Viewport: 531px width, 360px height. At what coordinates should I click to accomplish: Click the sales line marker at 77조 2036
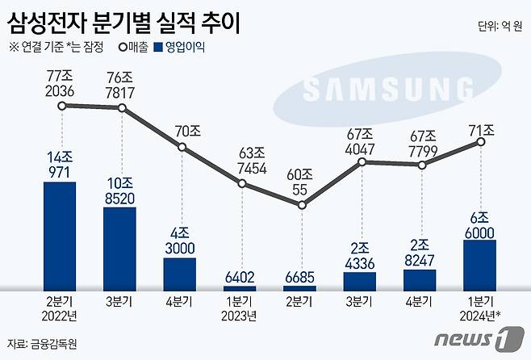[61, 106]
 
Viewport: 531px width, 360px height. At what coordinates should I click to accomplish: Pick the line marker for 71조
[480, 143]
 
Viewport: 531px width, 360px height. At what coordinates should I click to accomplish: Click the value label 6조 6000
[480, 224]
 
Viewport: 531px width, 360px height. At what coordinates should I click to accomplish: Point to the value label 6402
[240, 276]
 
